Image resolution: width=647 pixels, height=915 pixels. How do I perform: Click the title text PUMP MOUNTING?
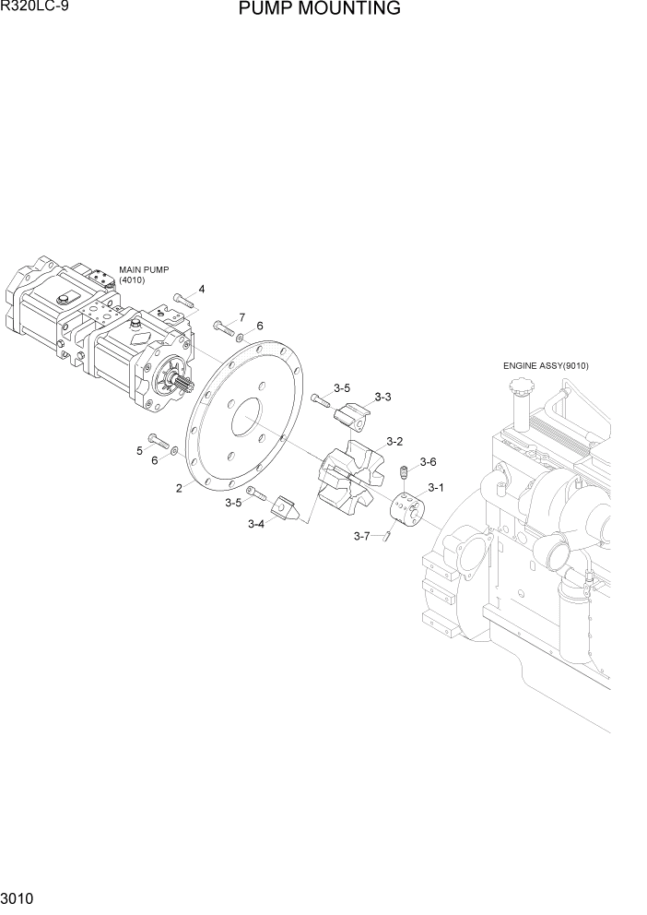point(319,10)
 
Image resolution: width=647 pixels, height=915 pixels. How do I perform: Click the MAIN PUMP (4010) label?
point(144,274)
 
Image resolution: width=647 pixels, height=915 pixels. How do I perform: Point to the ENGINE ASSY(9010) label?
point(546,366)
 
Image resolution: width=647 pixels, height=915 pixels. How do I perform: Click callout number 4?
point(201,290)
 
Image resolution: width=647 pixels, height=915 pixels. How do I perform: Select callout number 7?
point(241,317)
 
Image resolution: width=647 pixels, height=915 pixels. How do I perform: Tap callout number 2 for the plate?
point(179,489)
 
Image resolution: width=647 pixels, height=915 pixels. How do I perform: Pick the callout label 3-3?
point(382,397)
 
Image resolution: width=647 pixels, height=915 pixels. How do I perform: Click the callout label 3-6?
point(428,461)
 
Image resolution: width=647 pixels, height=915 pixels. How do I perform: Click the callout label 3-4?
point(256,524)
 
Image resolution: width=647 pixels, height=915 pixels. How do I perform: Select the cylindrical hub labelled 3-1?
point(406,508)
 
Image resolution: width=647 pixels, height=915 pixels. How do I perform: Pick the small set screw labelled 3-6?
point(403,473)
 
